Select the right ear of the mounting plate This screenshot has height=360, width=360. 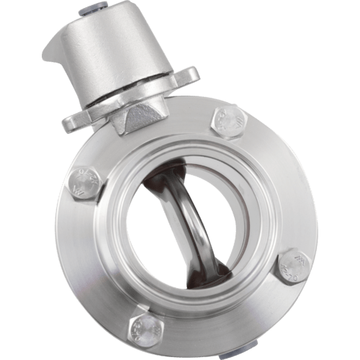pyautogui.click(x=189, y=76)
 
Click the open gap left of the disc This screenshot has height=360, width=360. pyautogui.click(x=158, y=230)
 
